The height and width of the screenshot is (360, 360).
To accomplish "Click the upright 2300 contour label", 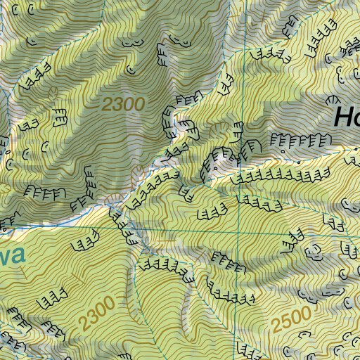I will point(123,105).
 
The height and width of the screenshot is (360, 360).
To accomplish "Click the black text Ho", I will point(345,116).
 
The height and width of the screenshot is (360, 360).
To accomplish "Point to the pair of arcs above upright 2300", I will point(130,43).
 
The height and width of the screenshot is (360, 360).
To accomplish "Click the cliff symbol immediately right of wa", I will point(84,244).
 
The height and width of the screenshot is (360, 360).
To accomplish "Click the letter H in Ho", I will point(340,116).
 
